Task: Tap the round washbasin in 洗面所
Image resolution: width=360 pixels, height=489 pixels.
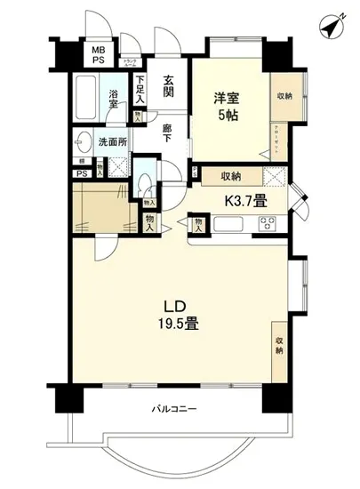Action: click(x=84, y=142)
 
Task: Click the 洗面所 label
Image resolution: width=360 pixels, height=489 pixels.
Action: click(x=112, y=141)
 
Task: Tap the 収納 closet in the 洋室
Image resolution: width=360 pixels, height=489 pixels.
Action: click(x=284, y=97)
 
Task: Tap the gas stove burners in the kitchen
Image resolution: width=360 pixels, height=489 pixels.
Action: click(x=268, y=222)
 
